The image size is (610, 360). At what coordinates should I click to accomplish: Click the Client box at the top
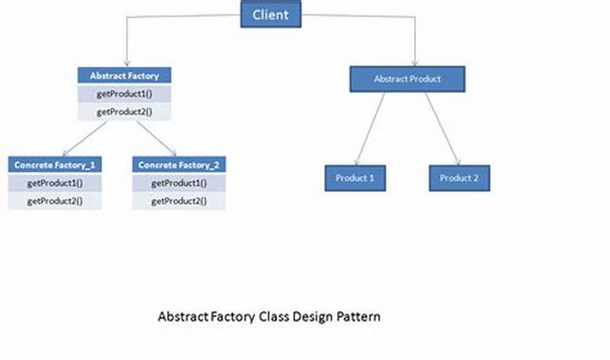coord(271,14)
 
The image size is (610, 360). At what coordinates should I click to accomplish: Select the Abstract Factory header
coord(124,76)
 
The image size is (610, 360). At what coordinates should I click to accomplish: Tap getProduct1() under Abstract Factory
coord(124,94)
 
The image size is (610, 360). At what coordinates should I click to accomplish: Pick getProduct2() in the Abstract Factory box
coord(124,111)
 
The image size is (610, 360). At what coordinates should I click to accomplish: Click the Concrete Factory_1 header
coord(55,165)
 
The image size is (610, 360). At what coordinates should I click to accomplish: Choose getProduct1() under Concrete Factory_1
coord(55,183)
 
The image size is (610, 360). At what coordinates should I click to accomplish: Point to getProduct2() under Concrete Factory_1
coord(55,201)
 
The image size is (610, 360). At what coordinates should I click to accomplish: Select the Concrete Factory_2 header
coord(179,165)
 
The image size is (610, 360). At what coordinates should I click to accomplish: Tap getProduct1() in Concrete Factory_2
coord(179,183)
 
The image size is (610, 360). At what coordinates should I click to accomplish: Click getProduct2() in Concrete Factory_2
coord(179,201)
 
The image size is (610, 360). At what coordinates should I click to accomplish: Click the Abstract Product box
coord(407,79)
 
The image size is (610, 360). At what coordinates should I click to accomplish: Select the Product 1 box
coord(355,178)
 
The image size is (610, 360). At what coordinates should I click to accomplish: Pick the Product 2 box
coord(459,178)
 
